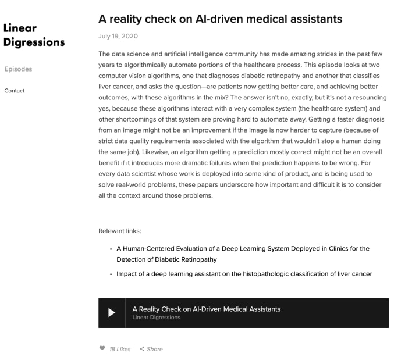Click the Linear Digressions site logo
click(34, 35)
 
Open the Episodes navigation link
click(18, 69)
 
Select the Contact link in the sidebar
click(15, 91)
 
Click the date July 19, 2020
click(118, 36)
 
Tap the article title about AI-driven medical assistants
click(221, 19)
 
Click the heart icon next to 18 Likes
click(102, 349)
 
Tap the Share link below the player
click(155, 349)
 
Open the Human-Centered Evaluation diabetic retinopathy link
click(243, 254)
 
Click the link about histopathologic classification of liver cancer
click(244, 273)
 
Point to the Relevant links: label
click(119, 231)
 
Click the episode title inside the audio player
click(206, 309)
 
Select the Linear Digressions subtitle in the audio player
click(156, 318)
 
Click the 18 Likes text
click(120, 349)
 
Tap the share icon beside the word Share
click(142, 349)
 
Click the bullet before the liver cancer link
click(111, 274)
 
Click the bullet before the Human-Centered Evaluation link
click(111, 249)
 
